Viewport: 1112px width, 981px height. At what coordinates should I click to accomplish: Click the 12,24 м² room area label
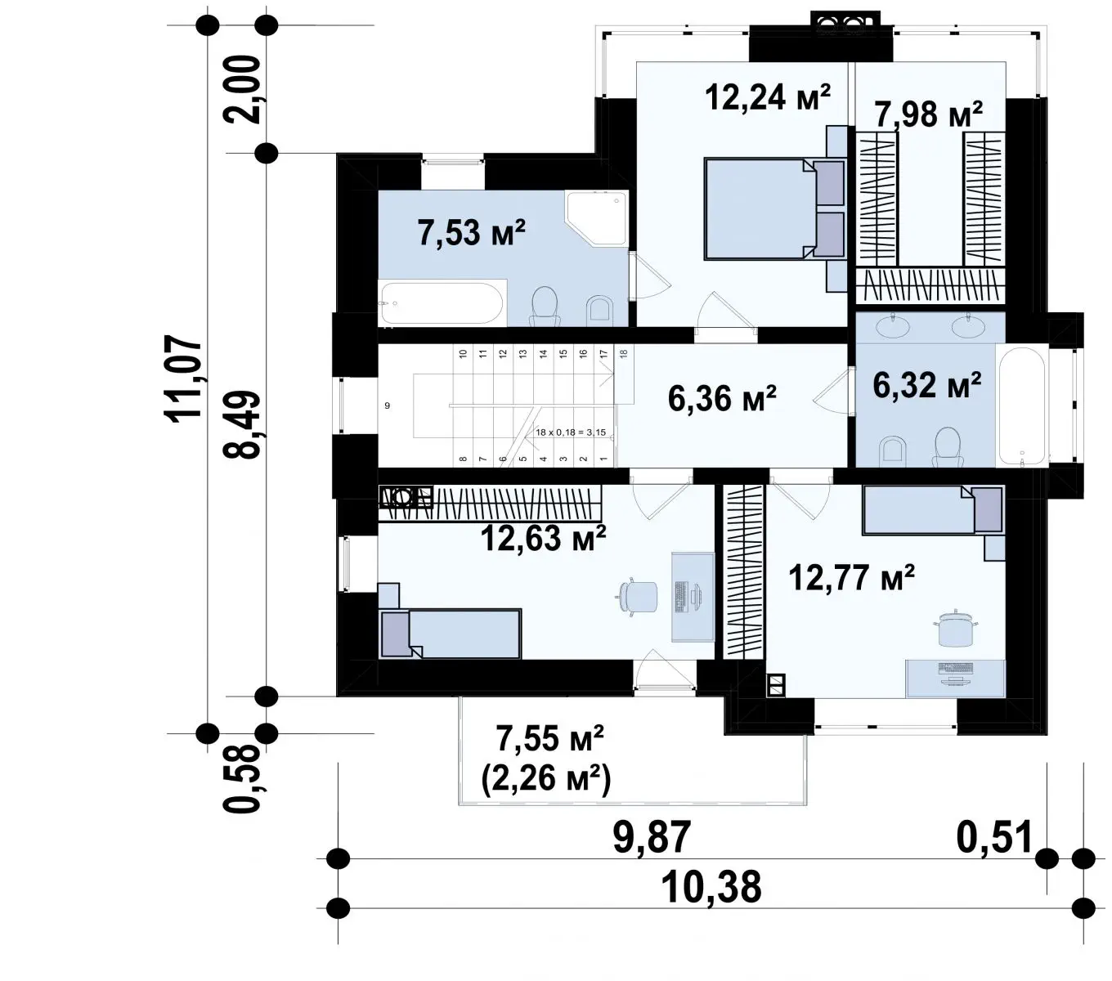click(767, 97)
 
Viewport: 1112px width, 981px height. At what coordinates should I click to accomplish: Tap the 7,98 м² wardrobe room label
click(928, 114)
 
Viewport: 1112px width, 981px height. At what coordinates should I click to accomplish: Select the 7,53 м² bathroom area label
click(472, 232)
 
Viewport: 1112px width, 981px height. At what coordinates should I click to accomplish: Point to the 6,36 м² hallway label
click(722, 398)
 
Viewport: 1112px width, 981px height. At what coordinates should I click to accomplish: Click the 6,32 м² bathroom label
click(926, 384)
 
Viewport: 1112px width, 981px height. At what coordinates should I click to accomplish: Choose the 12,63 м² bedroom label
click(544, 538)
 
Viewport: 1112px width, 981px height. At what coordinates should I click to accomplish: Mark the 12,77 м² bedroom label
click(852, 577)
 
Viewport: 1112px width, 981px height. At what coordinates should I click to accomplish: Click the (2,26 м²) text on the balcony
click(545, 778)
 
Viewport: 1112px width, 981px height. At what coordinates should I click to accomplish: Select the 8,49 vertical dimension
click(241, 424)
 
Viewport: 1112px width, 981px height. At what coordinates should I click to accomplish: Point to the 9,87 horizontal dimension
click(652, 837)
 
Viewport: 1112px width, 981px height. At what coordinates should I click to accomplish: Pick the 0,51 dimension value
click(994, 837)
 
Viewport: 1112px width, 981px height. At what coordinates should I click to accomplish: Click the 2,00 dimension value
click(241, 90)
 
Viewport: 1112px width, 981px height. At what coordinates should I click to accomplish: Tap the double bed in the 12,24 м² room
click(773, 208)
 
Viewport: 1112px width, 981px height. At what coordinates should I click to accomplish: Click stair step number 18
click(624, 354)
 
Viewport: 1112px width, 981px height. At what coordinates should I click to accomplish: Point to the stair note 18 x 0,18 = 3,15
click(571, 432)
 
